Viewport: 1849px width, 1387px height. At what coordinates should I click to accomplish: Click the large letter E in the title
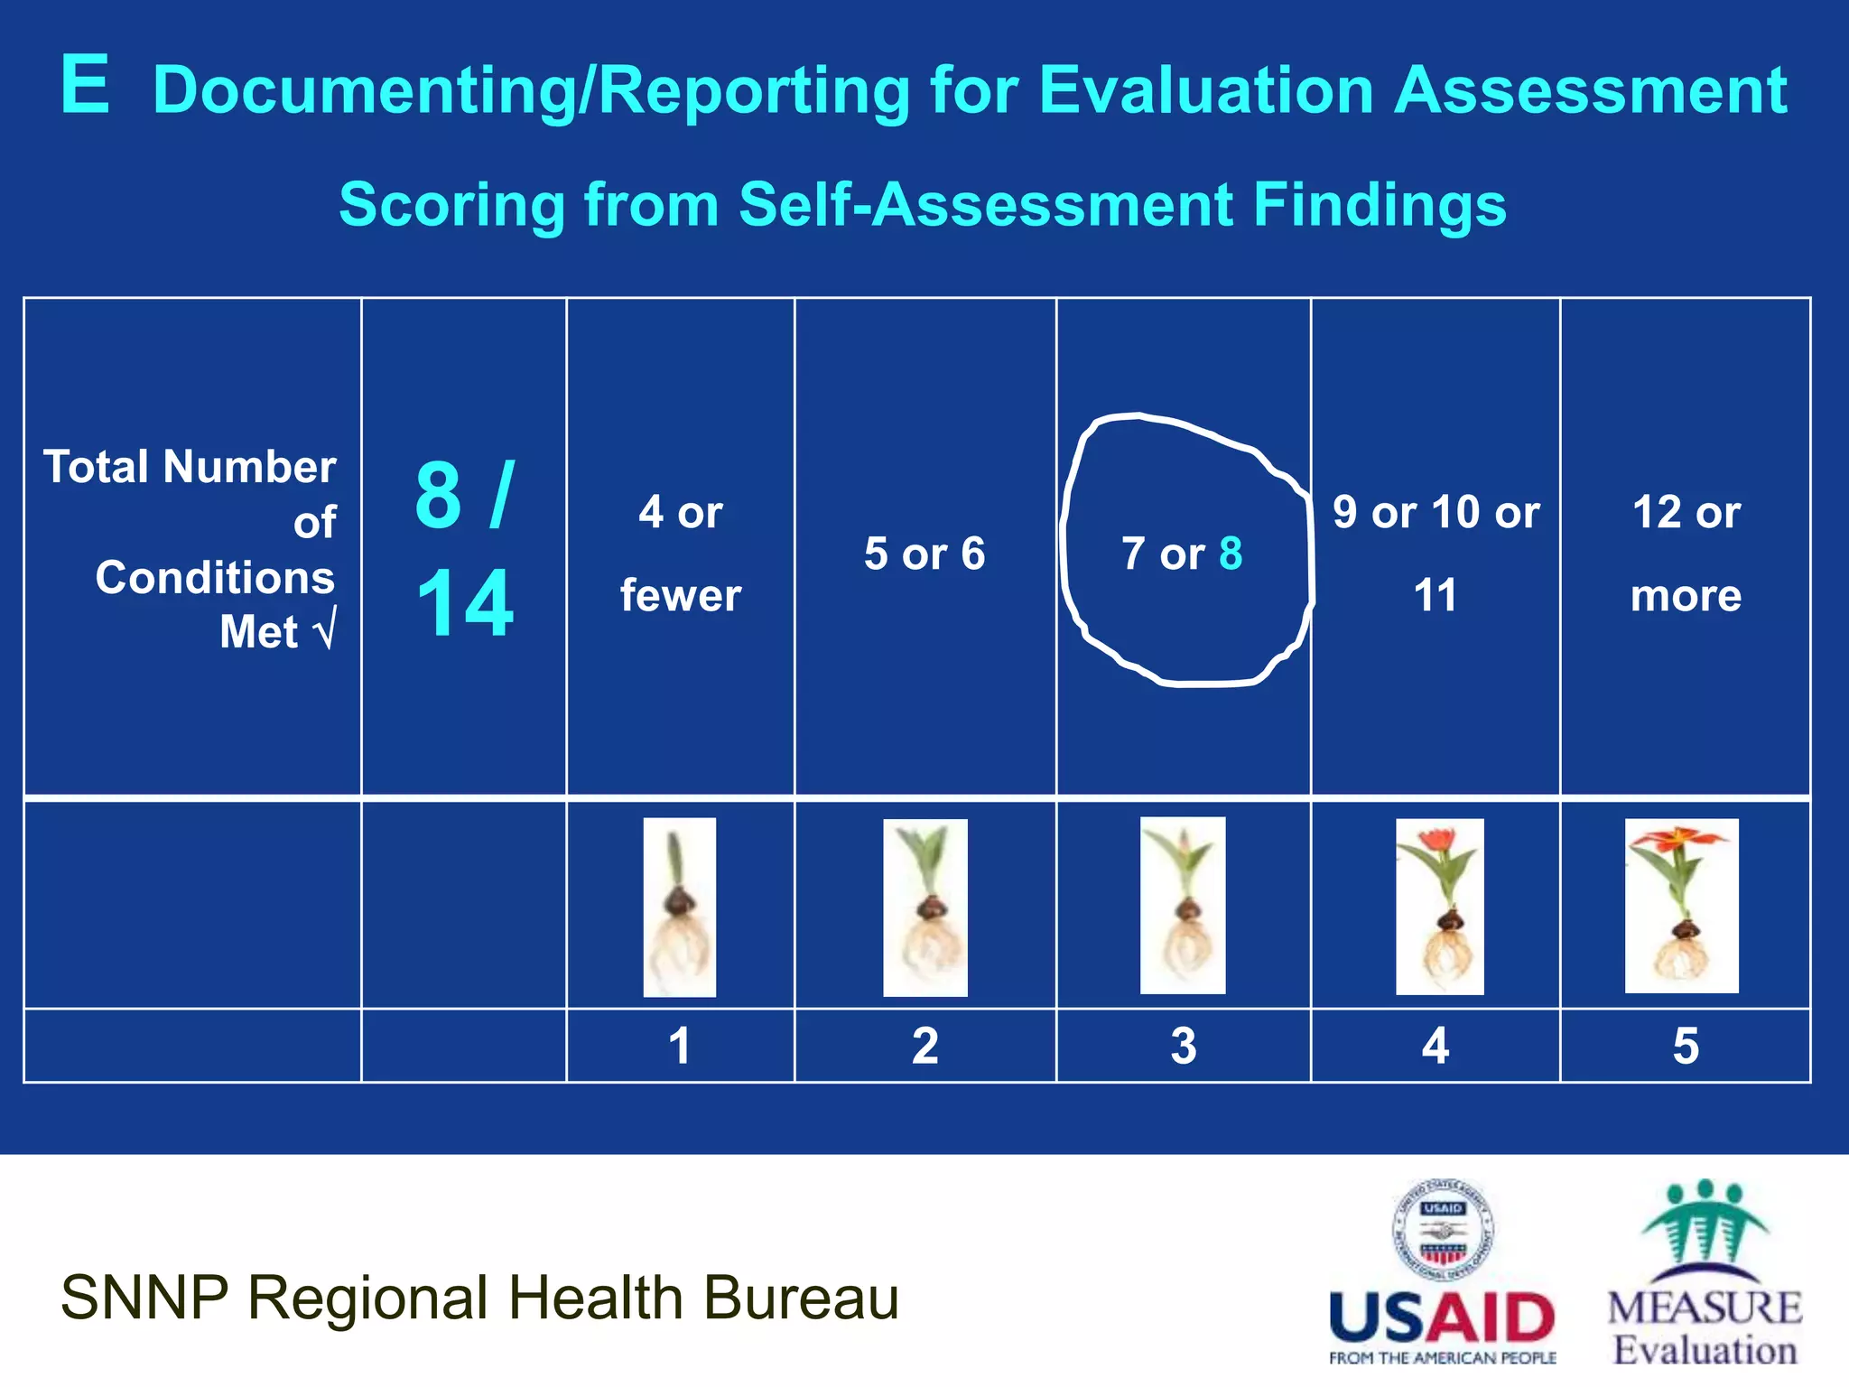(86, 85)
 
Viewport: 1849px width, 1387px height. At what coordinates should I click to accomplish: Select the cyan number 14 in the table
(465, 603)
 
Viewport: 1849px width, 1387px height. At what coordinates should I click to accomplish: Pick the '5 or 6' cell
(924, 554)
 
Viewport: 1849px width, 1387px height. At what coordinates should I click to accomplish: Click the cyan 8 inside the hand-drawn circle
(1231, 554)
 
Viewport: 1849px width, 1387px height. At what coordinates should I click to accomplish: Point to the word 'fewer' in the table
(681, 596)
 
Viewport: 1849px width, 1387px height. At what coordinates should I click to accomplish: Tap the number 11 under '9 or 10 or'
(1435, 596)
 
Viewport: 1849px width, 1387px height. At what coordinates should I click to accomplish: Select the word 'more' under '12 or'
(1686, 596)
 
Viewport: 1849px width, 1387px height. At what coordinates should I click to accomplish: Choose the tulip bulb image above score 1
(679, 907)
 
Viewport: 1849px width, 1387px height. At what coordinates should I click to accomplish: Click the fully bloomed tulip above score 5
(1681, 906)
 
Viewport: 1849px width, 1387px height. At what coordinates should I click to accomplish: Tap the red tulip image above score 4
(1439, 907)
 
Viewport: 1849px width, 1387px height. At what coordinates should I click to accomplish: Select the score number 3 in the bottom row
(1183, 1046)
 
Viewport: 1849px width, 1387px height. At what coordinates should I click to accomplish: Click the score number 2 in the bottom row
(924, 1046)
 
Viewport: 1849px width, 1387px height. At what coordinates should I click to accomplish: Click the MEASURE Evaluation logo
(1705, 1273)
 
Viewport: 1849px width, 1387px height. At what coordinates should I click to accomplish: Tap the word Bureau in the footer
(801, 1299)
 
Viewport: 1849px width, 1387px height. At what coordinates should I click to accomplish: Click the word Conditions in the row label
(215, 578)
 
